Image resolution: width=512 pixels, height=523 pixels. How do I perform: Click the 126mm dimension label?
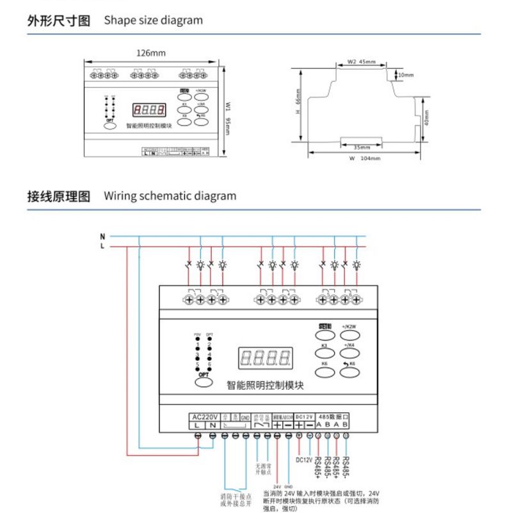click(151, 53)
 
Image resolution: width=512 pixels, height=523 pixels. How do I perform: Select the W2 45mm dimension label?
click(362, 62)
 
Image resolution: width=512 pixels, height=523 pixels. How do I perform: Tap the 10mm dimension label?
click(406, 75)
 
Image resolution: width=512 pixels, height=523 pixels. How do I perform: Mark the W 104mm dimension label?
click(365, 158)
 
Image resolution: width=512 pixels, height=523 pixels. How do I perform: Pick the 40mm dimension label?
click(428, 120)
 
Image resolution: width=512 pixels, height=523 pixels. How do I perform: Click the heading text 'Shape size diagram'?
click(154, 20)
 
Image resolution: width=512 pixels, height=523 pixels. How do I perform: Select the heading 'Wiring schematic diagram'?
click(170, 196)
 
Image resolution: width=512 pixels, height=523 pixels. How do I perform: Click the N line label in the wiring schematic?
click(102, 235)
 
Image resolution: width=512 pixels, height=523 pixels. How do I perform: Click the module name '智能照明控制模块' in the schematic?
click(265, 386)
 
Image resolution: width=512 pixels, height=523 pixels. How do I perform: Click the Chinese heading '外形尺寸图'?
click(59, 20)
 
